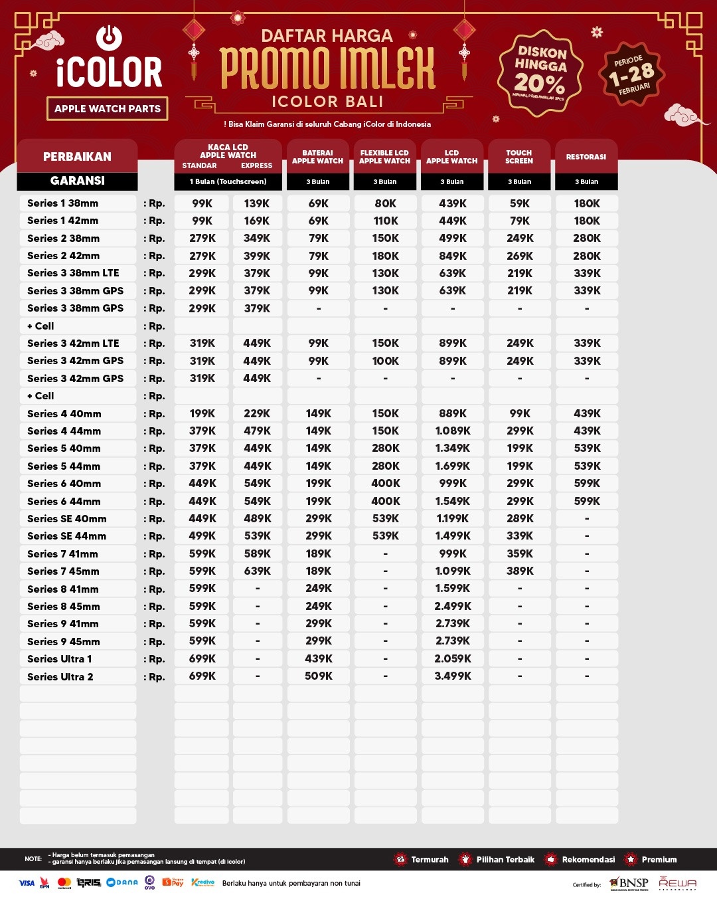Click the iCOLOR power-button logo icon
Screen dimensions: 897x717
109,37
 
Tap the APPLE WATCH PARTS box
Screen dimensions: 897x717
108,108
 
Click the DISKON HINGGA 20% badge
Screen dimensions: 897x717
540,72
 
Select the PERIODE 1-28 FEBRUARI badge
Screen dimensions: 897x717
631,74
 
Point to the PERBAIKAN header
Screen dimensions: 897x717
77,157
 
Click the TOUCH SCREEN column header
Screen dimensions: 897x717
519,157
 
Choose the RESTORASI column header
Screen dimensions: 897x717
586,157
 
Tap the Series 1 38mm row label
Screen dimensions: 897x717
62,203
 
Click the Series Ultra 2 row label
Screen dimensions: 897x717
60,676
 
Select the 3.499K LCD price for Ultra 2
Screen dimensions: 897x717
453,676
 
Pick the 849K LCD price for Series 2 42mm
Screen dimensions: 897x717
453,256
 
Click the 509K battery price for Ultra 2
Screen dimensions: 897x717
319,676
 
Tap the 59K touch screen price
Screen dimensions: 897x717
520,203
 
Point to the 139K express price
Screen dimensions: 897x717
257,203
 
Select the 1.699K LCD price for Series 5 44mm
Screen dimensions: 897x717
453,466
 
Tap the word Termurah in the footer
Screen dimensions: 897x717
430,859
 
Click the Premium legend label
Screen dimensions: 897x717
659,859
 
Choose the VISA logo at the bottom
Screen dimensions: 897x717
27,883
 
